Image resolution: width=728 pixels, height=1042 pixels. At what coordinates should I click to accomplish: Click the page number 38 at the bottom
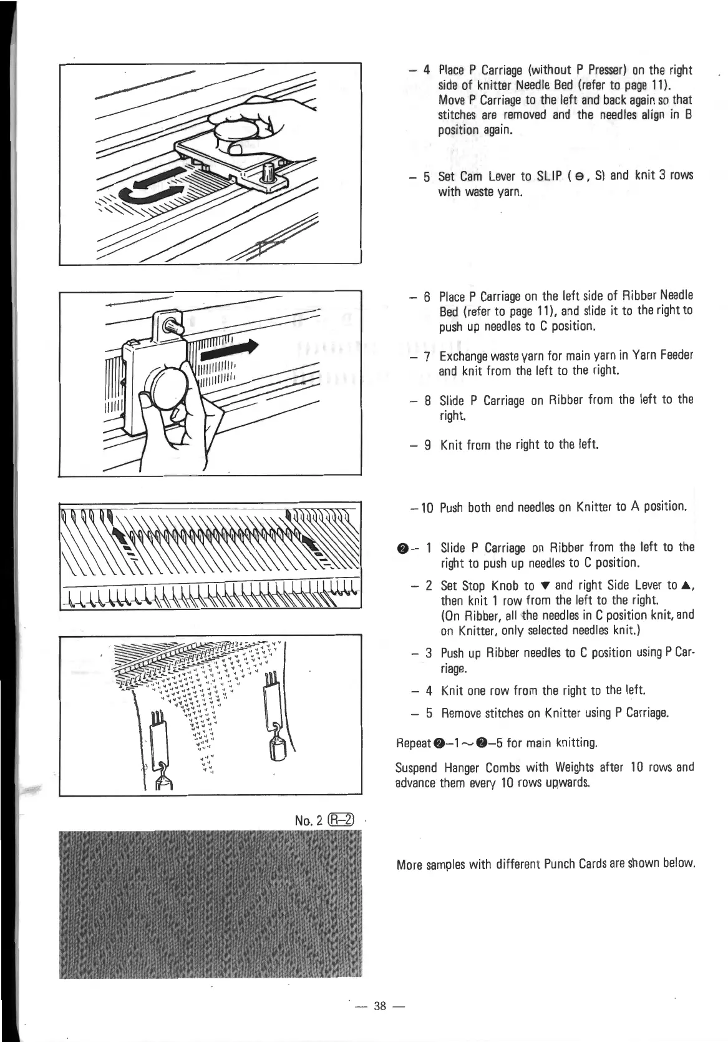tap(379, 1005)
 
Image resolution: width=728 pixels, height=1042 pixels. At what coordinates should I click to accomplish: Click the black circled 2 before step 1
tap(402, 548)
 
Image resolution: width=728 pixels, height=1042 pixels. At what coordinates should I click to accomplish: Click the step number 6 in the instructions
tap(427, 297)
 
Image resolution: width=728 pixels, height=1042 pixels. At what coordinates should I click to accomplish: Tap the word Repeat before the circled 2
tap(414, 743)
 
